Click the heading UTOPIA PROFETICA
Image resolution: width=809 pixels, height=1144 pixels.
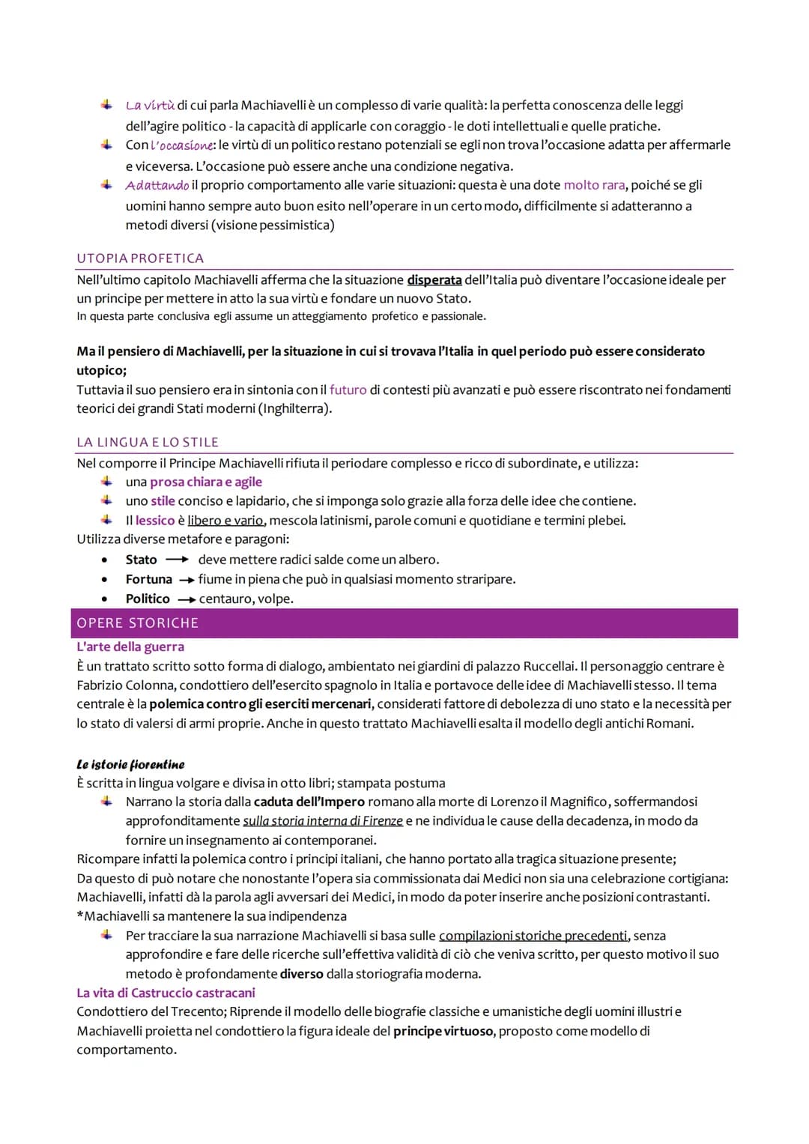click(x=140, y=258)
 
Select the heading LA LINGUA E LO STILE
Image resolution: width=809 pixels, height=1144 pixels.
click(x=148, y=442)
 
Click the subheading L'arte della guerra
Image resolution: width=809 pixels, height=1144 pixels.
click(x=130, y=647)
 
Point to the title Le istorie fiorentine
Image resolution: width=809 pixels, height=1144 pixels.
click(x=130, y=764)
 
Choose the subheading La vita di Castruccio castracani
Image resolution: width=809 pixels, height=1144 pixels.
click(x=166, y=993)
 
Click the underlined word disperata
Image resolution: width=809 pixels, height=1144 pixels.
click(x=434, y=280)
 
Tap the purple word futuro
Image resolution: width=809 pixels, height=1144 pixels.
click(x=348, y=390)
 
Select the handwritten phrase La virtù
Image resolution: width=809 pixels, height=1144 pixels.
click(x=150, y=106)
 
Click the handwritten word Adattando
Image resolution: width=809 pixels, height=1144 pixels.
click(x=157, y=185)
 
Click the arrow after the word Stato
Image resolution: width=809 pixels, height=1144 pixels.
click(x=177, y=560)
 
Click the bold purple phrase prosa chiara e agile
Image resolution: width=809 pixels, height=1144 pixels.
click(x=206, y=482)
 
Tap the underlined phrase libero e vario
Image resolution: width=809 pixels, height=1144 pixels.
click(x=226, y=521)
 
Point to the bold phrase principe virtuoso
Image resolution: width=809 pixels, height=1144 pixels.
click(x=443, y=1031)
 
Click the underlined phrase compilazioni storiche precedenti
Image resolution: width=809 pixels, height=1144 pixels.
click(x=533, y=936)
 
